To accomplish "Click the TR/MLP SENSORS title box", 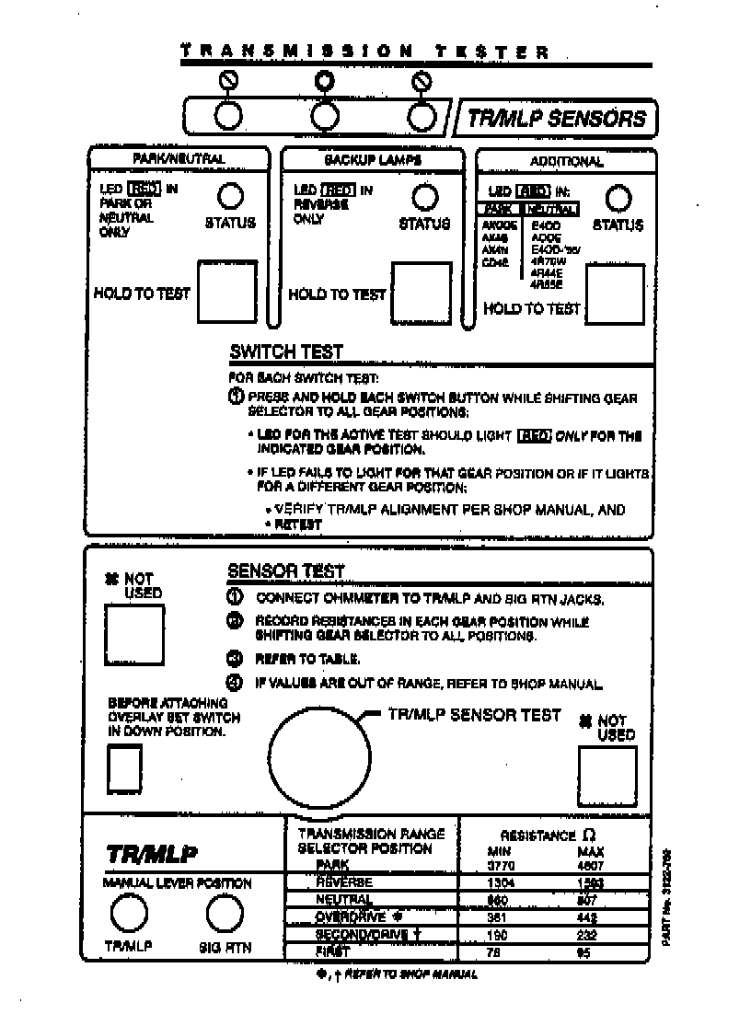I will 556,118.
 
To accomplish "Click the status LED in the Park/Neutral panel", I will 229,197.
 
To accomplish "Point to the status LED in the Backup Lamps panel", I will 423,197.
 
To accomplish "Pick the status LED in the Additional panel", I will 619,198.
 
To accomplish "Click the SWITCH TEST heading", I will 285,351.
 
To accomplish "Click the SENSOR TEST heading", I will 285,571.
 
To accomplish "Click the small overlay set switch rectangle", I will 126,767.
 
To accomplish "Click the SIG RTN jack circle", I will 224,915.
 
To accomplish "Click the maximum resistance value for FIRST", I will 583,953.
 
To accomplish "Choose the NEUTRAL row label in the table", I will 343,900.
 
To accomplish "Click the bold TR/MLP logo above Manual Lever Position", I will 152,854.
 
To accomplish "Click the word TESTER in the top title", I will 493,52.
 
